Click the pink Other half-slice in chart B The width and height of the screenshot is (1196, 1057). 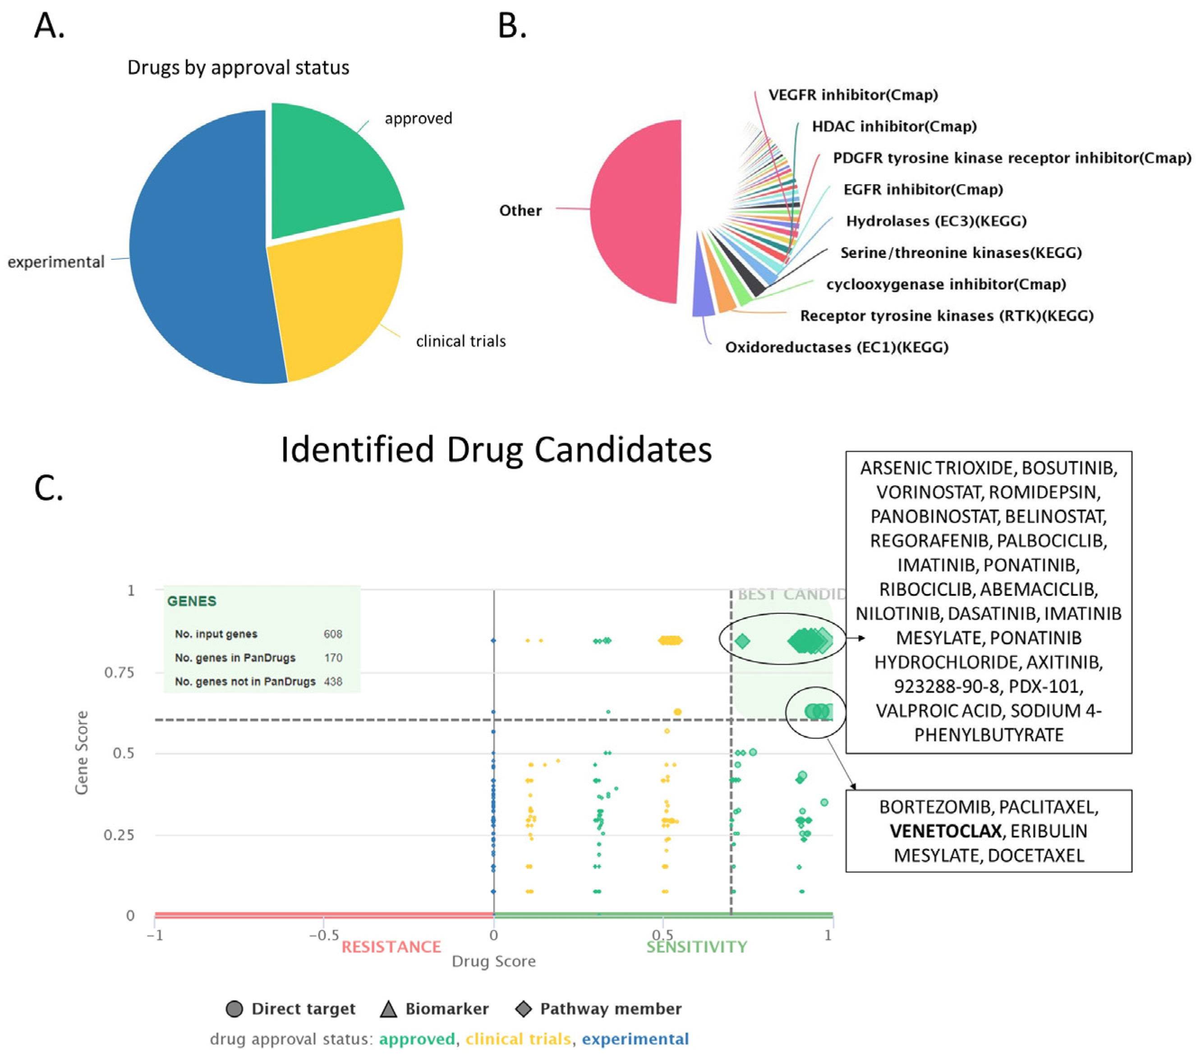tap(638, 211)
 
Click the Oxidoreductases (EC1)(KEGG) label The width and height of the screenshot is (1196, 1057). tap(836, 348)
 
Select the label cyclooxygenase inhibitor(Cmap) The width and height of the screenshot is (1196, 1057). tap(946, 284)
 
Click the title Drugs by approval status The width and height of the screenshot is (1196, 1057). tap(238, 68)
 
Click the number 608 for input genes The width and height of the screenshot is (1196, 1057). tap(332, 634)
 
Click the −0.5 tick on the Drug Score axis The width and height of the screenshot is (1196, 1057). tap(323, 935)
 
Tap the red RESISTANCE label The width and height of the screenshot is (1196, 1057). tap(391, 947)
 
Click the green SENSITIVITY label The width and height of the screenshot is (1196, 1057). tap(696, 947)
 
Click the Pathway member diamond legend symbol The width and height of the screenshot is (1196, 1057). tap(523, 1009)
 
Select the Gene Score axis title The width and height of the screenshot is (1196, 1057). tap(82, 752)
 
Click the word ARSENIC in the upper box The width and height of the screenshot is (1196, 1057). tap(895, 469)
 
